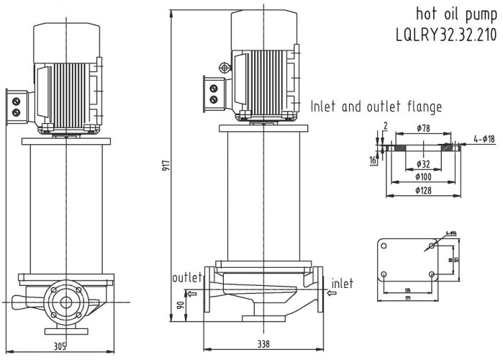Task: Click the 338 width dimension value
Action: point(265,344)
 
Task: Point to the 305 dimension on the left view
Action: point(61,345)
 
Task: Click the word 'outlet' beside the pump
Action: point(187,278)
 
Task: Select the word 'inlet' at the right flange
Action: point(342,283)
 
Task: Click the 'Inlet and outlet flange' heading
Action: point(376,107)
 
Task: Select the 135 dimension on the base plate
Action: point(408,289)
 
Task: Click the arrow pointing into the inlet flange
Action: point(332,293)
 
